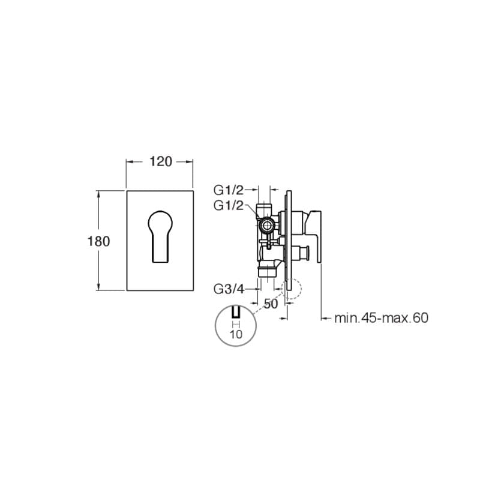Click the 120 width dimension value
point(161,161)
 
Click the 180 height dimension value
point(98,241)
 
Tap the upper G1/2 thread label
point(229,190)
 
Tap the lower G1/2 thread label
point(229,206)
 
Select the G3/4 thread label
point(229,289)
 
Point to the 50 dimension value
point(271,304)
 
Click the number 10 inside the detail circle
point(236,334)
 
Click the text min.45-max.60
point(381,318)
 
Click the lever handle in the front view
point(160,236)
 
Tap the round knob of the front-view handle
point(160,221)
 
